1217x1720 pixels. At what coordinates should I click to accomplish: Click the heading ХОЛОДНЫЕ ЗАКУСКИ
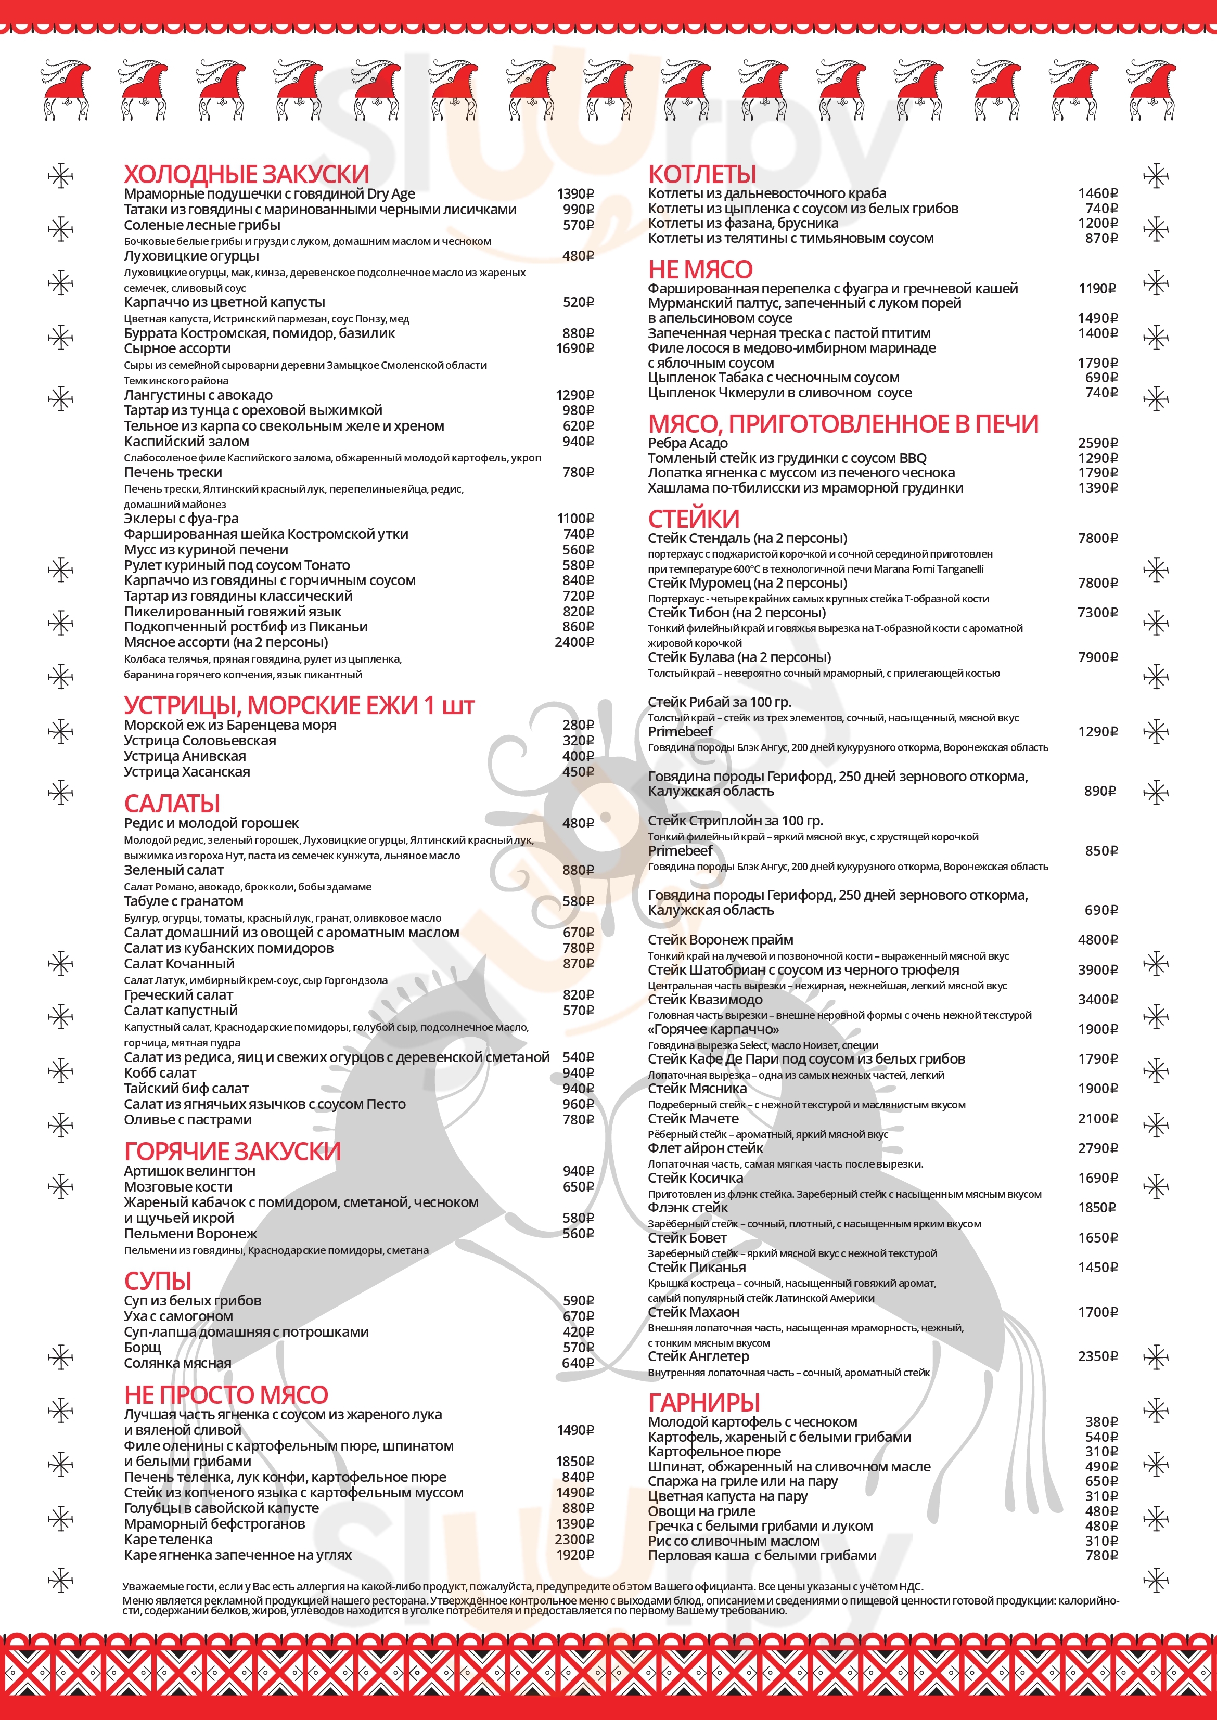click(246, 175)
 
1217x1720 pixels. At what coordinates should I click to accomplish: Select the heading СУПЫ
click(157, 1281)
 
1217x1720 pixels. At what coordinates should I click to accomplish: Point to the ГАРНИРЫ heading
click(703, 1402)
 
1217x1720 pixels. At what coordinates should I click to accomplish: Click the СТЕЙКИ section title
click(693, 519)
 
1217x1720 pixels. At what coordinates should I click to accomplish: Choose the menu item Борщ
click(143, 1347)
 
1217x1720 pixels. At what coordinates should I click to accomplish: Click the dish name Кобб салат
click(160, 1073)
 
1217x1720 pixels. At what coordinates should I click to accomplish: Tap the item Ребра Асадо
click(687, 443)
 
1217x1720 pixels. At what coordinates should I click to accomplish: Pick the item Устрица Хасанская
click(187, 772)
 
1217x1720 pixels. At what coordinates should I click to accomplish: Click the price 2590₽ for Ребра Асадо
click(1097, 443)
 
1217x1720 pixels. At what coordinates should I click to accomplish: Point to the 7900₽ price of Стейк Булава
click(1097, 657)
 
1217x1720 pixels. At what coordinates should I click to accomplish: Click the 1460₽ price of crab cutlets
click(1097, 193)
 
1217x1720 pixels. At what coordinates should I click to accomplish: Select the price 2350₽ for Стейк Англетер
click(1097, 1356)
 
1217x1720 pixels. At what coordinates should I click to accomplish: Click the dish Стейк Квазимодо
click(704, 999)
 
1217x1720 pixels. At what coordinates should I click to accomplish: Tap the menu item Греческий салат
click(178, 995)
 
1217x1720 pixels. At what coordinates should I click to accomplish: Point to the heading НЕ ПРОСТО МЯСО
click(226, 1394)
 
